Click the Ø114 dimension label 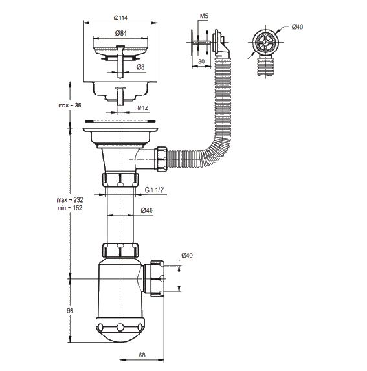[x=120, y=17]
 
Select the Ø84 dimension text [x=121, y=33]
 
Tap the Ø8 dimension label [x=140, y=67]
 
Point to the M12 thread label [x=143, y=108]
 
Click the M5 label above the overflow [x=204, y=16]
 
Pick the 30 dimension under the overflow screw [x=201, y=62]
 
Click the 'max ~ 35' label [x=70, y=106]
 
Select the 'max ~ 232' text [x=70, y=200]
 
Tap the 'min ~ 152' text [x=70, y=208]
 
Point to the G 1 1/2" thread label [x=155, y=190]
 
